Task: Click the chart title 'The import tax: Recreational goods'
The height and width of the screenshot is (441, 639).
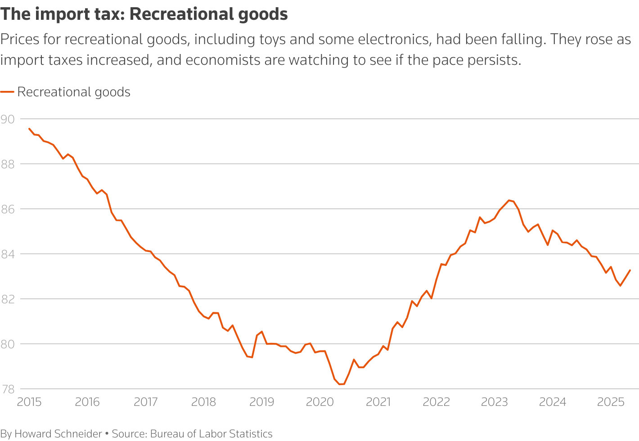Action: coord(144,14)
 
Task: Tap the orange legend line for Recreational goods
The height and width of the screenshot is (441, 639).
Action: coord(7,92)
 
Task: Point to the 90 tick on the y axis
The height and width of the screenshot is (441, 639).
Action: coord(8,119)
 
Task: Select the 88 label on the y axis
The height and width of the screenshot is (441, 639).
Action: coord(8,164)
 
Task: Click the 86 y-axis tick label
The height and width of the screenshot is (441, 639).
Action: coord(8,209)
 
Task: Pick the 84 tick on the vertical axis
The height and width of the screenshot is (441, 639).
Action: coord(8,254)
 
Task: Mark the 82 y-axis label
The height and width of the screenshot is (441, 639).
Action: coord(8,299)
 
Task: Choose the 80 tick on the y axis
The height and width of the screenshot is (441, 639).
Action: coord(8,344)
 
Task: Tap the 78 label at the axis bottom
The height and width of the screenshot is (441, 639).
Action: coord(8,389)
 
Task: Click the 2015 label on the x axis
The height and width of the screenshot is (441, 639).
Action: coord(29,402)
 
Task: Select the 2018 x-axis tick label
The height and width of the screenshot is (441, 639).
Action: coord(204,402)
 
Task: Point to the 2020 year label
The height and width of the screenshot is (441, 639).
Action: coord(320,402)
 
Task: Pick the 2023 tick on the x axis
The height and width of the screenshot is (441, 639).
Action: coord(495,402)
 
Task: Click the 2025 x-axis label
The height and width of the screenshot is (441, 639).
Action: coord(611,402)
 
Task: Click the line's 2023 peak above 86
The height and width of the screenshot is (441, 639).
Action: coord(509,200)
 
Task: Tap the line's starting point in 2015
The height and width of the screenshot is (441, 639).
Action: coord(29,129)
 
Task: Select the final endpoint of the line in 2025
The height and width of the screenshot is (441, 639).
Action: coord(630,270)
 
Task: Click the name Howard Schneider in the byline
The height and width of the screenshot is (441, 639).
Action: coord(58,434)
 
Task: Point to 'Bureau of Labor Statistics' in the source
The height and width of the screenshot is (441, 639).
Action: coord(211,434)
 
